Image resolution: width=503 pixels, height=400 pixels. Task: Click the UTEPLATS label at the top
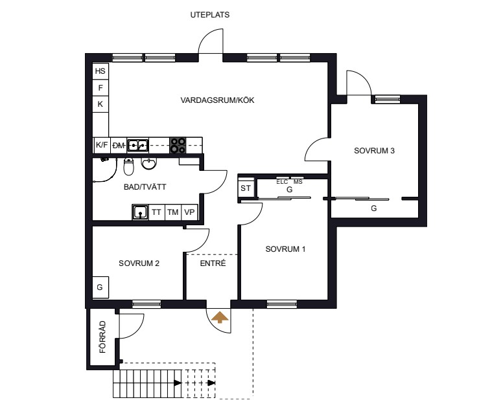point(210,15)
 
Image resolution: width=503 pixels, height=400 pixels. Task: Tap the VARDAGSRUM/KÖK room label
point(217,100)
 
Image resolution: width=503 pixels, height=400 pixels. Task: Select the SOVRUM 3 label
point(374,151)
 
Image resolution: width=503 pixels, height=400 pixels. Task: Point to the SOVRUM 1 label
point(285,249)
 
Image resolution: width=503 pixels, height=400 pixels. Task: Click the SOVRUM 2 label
point(139,263)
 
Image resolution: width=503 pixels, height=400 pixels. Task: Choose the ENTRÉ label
point(213,263)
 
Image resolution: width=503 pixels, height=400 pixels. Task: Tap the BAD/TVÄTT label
point(145,186)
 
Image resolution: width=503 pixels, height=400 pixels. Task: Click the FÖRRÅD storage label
point(102,337)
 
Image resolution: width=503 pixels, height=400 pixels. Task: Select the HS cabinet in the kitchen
point(100,71)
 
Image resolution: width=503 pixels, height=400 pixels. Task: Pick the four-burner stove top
point(178,145)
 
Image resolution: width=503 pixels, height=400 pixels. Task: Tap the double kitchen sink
point(137,146)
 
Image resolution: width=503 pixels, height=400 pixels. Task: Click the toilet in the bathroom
point(128,166)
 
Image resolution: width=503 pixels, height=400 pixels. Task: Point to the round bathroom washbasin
point(148,163)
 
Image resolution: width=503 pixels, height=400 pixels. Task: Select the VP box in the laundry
point(189,212)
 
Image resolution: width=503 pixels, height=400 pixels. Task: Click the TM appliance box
point(173,212)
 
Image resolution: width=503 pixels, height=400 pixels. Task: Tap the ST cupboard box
point(246,188)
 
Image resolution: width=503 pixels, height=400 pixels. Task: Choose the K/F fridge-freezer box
point(102,145)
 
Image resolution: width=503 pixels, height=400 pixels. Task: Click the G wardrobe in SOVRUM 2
point(100,287)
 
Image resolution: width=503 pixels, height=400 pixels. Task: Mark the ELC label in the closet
point(282,182)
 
